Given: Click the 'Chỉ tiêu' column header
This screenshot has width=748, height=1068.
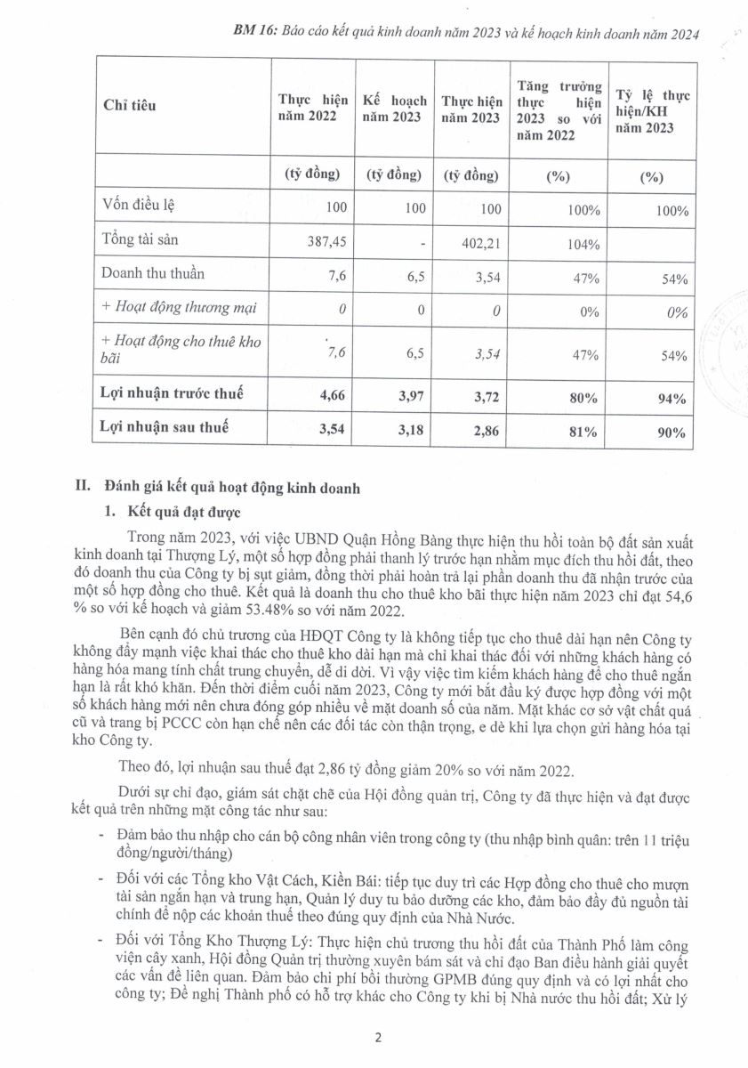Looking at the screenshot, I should click(x=130, y=106).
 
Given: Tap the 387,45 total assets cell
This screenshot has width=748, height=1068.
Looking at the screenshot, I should click(x=319, y=244).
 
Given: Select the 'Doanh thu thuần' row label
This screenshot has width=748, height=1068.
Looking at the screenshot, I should click(x=153, y=274).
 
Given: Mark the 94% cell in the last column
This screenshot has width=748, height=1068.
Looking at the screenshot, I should click(x=673, y=399).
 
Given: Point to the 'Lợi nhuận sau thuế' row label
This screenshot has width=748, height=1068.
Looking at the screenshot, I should click(x=165, y=427).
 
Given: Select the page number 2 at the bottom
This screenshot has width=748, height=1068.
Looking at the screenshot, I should click(x=378, y=1038).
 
